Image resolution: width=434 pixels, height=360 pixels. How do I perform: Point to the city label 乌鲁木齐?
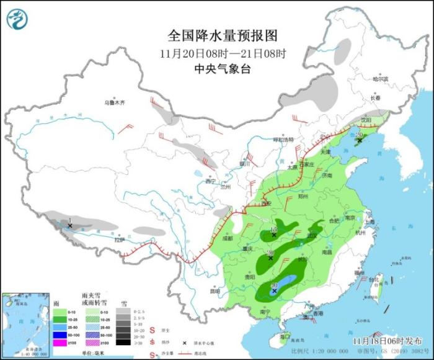click(114, 102)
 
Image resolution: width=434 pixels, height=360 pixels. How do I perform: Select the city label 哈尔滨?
click(379, 79)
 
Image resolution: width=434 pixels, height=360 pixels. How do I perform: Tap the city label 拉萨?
click(119, 239)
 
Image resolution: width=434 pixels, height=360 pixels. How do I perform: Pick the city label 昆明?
click(215, 290)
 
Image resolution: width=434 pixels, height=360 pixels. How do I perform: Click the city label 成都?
click(226, 238)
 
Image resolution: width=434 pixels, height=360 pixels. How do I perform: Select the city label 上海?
click(370, 221)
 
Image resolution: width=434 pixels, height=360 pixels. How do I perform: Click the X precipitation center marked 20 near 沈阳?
click(357, 142)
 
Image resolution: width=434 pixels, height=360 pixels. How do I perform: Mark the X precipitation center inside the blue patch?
click(275, 290)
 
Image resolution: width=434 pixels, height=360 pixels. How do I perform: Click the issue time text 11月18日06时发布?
click(394, 341)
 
